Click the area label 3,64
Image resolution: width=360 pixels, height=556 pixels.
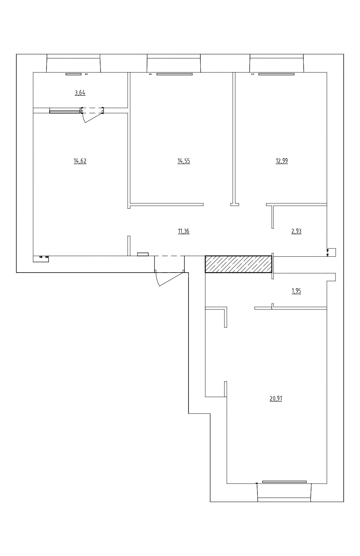coord(80,93)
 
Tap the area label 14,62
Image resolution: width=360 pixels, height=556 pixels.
coord(80,161)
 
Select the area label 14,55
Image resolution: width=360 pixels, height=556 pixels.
coord(184,161)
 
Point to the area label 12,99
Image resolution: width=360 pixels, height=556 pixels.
coord(282,161)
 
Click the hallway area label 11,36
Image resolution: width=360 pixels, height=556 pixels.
coord(184,231)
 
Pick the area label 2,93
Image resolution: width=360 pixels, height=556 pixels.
coord(296,231)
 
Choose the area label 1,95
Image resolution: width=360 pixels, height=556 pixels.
coord(296,291)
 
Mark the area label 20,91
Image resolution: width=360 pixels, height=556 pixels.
coord(276,399)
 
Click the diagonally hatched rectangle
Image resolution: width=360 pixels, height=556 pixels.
coord(238,264)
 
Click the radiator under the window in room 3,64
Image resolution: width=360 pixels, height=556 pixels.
coord(73,74)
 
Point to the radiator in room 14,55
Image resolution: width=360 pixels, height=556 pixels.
coord(175,74)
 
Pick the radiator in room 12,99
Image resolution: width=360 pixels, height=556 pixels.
coord(276,74)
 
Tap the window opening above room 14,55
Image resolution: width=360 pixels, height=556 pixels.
coord(174,63)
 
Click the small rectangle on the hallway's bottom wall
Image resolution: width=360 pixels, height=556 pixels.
coord(143,254)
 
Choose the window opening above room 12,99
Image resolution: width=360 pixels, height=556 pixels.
coord(276,63)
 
